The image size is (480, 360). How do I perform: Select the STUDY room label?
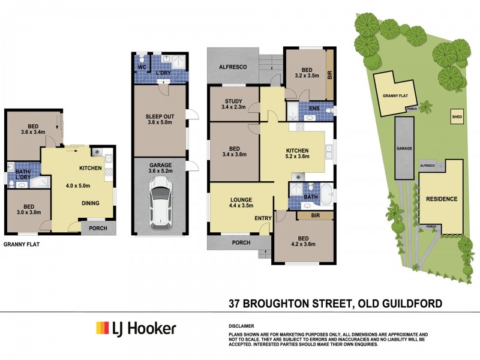(x=233, y=101)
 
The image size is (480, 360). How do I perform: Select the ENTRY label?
(x=263, y=218)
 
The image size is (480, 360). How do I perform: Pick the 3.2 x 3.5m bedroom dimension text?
(x=305, y=76)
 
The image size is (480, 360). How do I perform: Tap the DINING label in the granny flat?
(x=91, y=203)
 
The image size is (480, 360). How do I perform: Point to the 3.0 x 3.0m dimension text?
(x=27, y=212)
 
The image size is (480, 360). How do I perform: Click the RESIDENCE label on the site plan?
(x=442, y=199)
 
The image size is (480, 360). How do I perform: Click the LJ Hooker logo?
(x=136, y=328)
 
